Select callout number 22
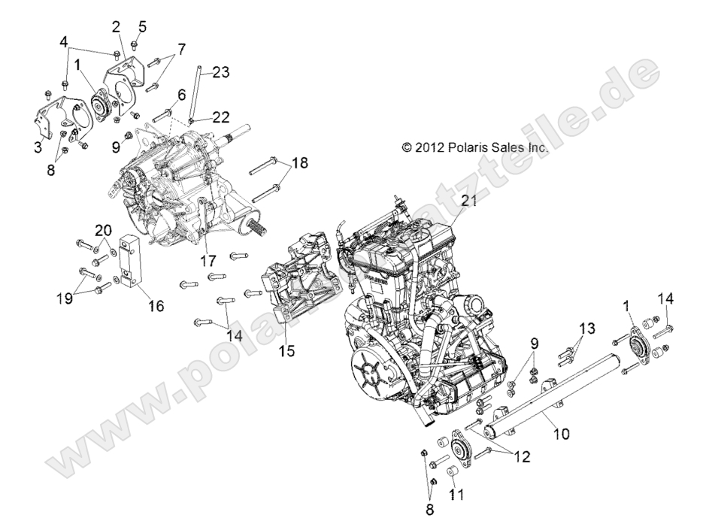[220, 117]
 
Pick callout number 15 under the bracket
[286, 350]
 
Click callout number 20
[103, 229]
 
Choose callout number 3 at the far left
[38, 147]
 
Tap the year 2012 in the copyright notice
[429, 148]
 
